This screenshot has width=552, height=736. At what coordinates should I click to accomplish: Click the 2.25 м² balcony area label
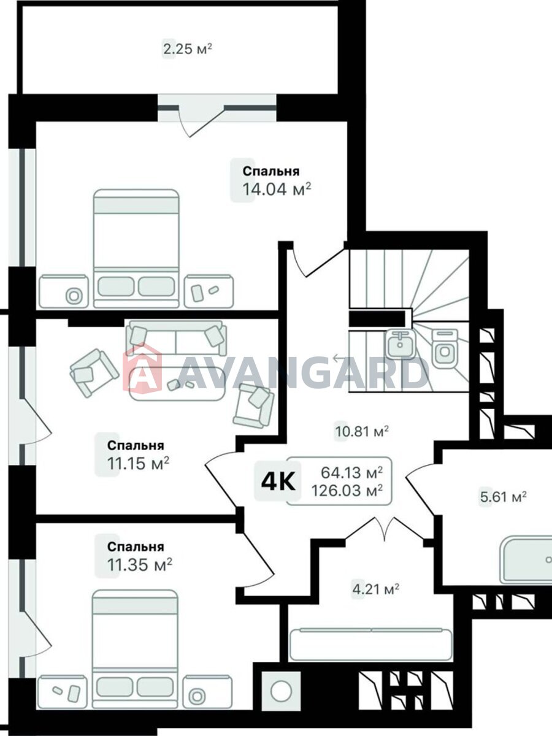(x=187, y=50)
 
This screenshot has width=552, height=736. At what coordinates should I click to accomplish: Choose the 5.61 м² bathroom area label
(x=502, y=497)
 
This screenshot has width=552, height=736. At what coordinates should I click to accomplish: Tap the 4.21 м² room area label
(x=375, y=590)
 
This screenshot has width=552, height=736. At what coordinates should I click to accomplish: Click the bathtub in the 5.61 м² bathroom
(x=525, y=559)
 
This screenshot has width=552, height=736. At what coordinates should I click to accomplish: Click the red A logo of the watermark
(x=142, y=370)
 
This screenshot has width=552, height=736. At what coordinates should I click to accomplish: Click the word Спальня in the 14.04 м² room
(x=270, y=172)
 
